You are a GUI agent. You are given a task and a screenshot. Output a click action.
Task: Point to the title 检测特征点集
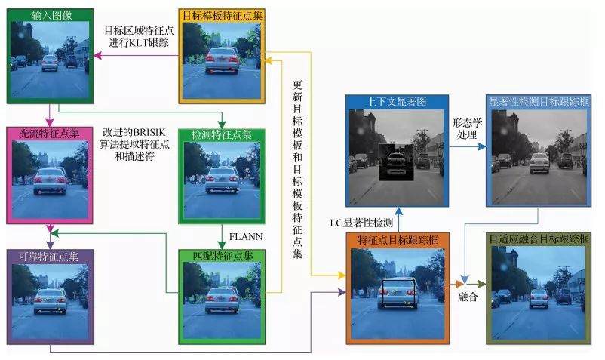(222, 134)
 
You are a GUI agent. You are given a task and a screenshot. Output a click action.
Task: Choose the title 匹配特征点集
(222, 257)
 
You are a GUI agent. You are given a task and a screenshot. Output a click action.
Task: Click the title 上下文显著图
(396, 102)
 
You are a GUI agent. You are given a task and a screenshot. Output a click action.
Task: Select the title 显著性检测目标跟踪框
(537, 102)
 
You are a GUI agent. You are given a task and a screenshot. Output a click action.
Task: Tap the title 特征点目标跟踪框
(396, 240)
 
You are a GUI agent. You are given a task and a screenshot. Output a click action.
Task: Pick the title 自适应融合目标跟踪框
(537, 240)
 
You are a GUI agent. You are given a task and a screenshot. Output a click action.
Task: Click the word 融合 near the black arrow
(468, 297)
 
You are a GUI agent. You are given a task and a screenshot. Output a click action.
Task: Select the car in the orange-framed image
(397, 293)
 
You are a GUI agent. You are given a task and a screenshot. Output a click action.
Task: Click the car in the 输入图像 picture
(50, 62)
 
